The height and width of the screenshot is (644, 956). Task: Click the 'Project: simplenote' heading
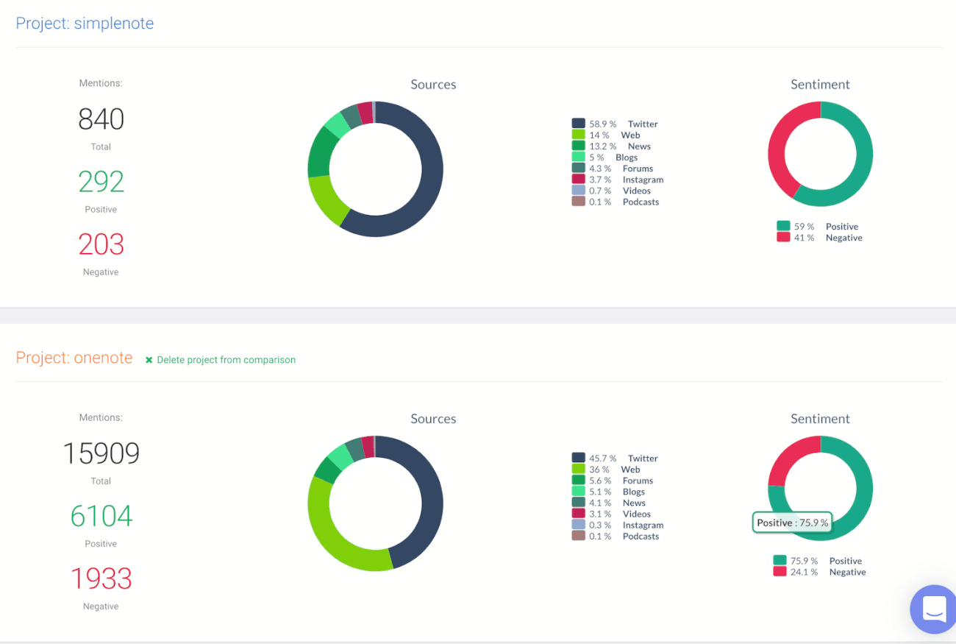[85, 24]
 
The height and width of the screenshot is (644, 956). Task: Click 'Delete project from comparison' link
[221, 360]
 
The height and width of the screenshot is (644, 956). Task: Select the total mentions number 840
[101, 119]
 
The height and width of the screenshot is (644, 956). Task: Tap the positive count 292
[101, 182]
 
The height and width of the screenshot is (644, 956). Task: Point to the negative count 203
[101, 244]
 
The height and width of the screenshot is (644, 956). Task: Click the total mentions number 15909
[101, 453]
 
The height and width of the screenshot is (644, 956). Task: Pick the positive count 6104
[101, 516]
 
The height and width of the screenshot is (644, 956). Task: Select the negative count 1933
[101, 578]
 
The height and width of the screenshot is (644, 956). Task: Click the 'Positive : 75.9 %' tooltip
[792, 523]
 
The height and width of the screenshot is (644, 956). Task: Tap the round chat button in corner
[933, 609]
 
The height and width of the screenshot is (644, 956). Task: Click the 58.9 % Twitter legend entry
[615, 124]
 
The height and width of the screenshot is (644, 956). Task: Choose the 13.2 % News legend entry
[611, 146]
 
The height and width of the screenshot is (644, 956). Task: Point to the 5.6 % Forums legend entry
[613, 481]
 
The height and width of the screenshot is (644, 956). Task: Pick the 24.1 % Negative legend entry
[818, 572]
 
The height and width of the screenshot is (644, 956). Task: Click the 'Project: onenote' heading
[74, 358]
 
